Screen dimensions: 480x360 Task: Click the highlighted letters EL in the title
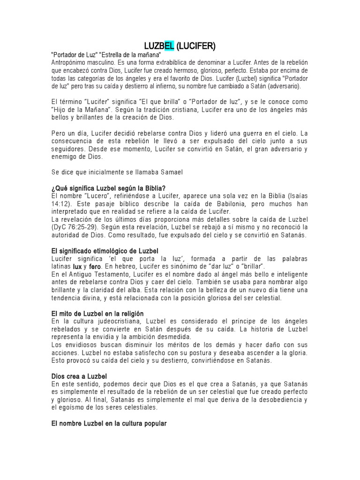click(x=169, y=45)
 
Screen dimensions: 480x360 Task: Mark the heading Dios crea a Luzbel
click(x=79, y=376)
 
